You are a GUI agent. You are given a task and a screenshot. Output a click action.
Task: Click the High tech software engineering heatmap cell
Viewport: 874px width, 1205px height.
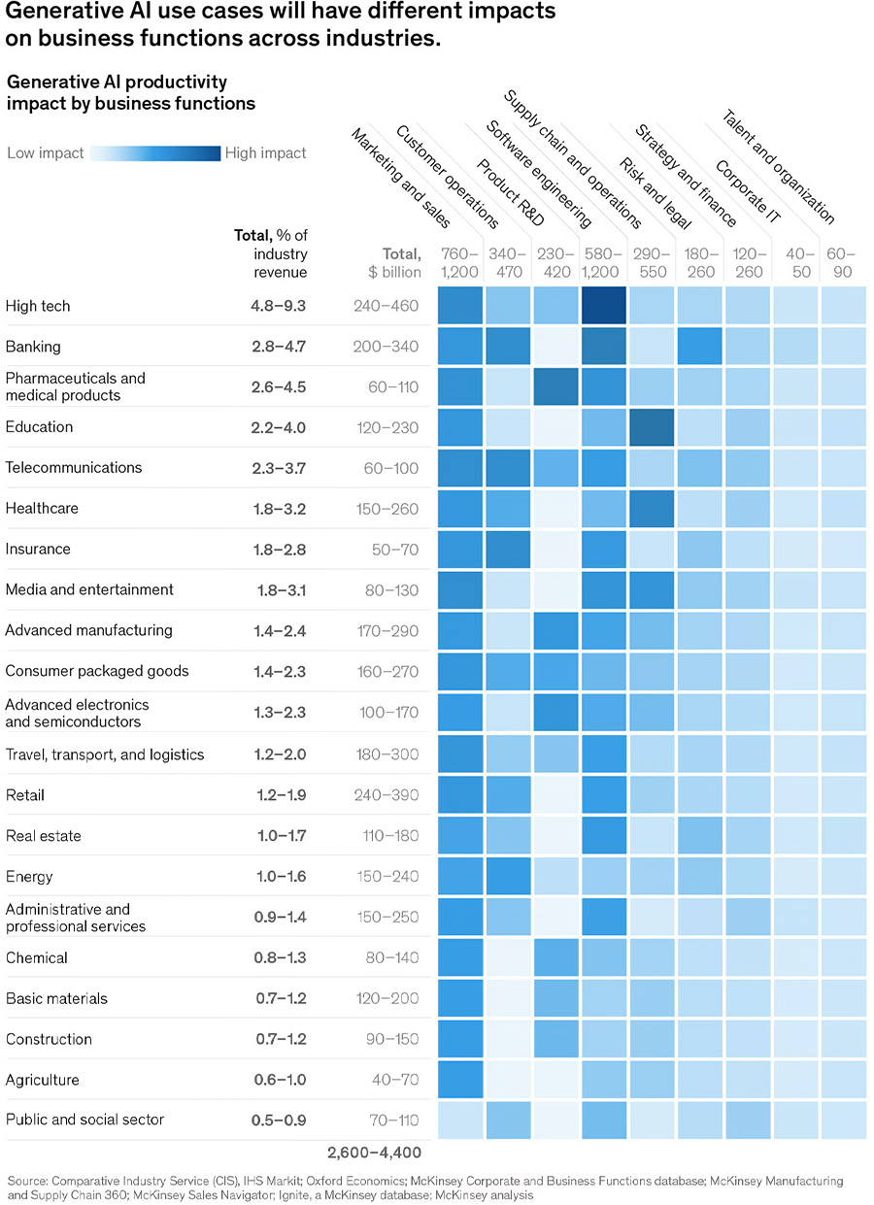(604, 306)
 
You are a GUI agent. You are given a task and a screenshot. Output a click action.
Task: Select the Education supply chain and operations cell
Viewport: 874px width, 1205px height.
(652, 427)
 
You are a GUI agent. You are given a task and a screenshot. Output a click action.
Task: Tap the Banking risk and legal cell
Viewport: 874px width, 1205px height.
(699, 347)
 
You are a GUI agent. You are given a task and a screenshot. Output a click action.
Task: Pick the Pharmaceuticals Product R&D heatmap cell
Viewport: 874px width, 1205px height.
(556, 386)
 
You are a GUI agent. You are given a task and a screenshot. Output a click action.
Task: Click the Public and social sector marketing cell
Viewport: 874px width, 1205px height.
(460, 1120)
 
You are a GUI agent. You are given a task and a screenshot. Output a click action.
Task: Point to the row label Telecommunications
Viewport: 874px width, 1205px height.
(74, 467)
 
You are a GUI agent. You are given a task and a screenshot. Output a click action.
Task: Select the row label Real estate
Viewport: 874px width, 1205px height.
(43, 835)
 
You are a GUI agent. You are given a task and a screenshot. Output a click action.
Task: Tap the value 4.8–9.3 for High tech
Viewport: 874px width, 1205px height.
(277, 306)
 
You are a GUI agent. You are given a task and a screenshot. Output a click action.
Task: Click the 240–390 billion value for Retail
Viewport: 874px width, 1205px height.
(387, 795)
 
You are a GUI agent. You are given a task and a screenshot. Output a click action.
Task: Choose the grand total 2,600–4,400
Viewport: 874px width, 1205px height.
(374, 1153)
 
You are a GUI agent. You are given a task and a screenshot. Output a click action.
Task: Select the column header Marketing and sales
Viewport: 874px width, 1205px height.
(392, 178)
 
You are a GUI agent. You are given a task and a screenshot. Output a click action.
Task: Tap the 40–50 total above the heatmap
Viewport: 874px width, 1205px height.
(795, 263)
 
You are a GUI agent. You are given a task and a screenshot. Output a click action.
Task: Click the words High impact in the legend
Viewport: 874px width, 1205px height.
(265, 152)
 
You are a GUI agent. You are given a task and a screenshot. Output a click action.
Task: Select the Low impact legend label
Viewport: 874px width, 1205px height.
(45, 152)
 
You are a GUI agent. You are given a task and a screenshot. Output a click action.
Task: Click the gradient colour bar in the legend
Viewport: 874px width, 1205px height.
(155, 152)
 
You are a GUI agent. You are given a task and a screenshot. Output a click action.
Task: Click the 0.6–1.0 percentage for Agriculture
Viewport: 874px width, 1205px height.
(277, 1080)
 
